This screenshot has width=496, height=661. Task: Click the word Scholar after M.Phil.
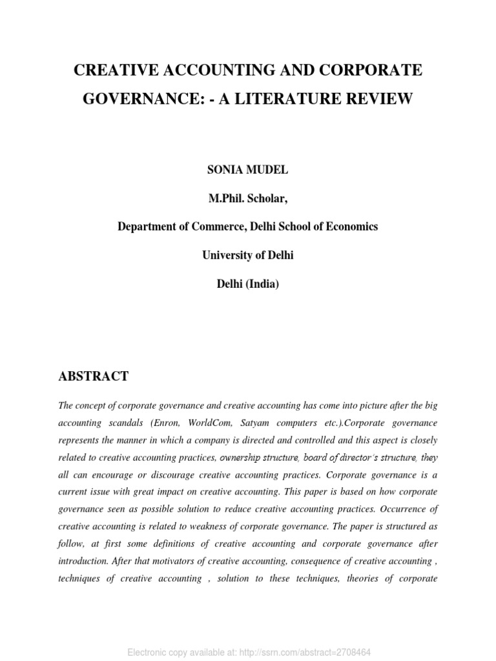click(x=263, y=198)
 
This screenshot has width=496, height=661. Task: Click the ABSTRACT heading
click(x=93, y=376)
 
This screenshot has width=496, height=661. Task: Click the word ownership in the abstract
click(x=243, y=458)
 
